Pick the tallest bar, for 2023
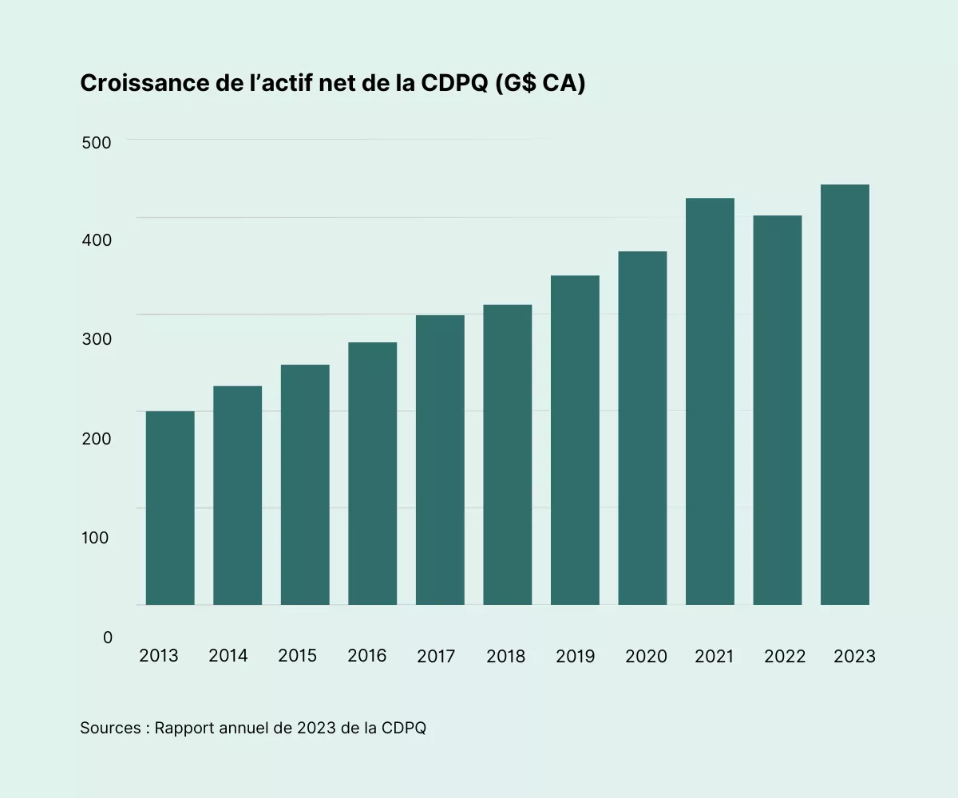point(845,394)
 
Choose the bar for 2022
point(778,410)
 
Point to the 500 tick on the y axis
point(96,142)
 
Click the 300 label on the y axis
point(96,339)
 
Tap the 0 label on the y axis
point(108,638)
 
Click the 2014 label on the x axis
point(228,656)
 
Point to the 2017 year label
point(436,657)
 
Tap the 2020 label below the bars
point(645,657)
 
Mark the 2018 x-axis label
point(505,657)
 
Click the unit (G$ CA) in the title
point(540,84)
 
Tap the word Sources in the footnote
point(110,729)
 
